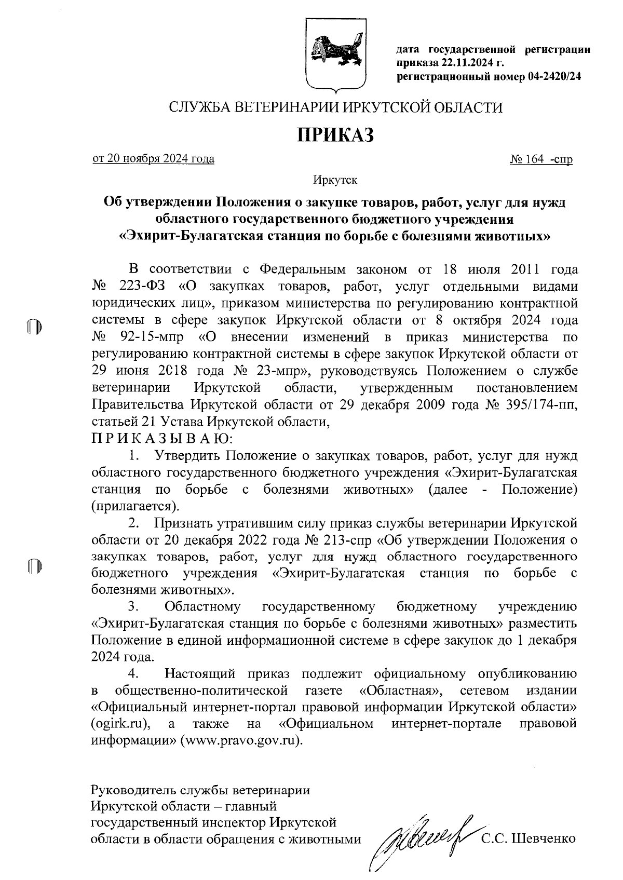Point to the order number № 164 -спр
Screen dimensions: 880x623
point(541,159)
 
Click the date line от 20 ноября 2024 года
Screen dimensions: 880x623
point(153,159)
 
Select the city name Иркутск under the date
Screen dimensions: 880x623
point(335,181)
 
